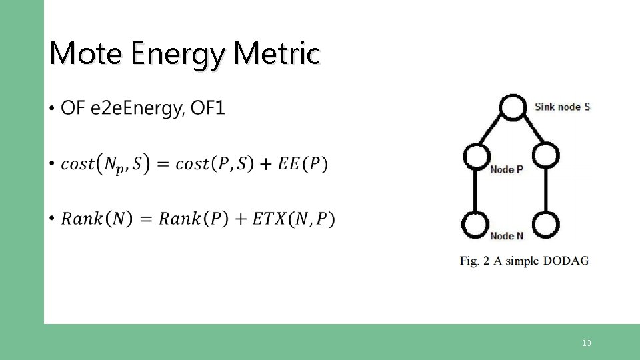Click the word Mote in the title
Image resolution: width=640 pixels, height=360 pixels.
click(86, 53)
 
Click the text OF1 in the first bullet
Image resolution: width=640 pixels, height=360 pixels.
click(208, 108)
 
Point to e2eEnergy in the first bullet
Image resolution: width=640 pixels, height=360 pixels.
click(135, 108)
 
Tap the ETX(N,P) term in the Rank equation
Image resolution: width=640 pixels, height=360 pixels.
click(294, 219)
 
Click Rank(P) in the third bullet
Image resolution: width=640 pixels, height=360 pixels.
click(193, 219)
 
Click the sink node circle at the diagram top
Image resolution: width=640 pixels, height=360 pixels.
click(512, 107)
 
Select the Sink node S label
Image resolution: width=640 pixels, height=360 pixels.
click(562, 107)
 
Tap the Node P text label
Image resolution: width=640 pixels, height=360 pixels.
click(507, 169)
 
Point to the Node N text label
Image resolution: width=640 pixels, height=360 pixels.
click(507, 235)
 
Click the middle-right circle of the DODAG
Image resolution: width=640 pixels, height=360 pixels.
click(545, 156)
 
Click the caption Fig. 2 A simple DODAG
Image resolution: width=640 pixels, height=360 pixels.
click(524, 261)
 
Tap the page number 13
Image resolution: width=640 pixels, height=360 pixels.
click(586, 343)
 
